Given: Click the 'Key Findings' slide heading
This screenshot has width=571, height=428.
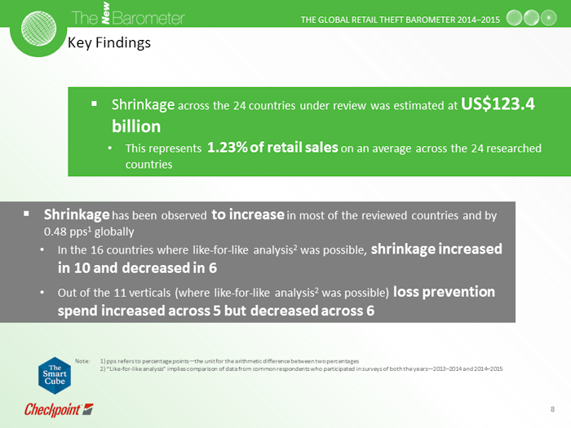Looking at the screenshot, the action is [108, 43].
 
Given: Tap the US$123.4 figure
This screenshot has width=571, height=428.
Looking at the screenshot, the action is [498, 104].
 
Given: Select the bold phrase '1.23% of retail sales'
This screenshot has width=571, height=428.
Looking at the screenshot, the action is [272, 148].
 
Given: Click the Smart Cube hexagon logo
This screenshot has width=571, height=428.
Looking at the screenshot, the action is [55, 375].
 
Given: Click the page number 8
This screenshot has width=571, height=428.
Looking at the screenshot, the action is [552, 409].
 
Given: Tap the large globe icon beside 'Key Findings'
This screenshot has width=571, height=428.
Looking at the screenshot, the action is [38, 29].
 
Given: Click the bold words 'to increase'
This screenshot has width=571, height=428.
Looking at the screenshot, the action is [248, 214].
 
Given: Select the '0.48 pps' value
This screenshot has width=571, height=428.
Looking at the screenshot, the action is [65, 232].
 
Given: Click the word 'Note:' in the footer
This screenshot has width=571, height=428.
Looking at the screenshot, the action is [82, 361].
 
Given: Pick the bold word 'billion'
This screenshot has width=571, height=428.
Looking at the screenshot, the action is [136, 126].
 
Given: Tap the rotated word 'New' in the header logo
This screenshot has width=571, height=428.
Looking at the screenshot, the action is [105, 13].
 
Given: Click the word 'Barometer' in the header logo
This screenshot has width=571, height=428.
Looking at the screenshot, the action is [148, 18].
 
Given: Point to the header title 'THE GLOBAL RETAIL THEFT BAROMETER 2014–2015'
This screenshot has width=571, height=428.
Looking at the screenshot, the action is [401, 20].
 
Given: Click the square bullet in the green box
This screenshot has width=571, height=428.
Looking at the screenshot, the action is [94, 104].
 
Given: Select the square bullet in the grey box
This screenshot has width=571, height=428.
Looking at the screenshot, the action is [26, 214].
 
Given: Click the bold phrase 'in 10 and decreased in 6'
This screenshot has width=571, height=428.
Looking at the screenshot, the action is [137, 268].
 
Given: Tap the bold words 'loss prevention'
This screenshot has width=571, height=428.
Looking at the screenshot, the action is [444, 292].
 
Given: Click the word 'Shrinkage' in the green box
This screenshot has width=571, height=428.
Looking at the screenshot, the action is [143, 105].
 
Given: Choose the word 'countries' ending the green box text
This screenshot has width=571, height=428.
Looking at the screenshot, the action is [149, 165].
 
